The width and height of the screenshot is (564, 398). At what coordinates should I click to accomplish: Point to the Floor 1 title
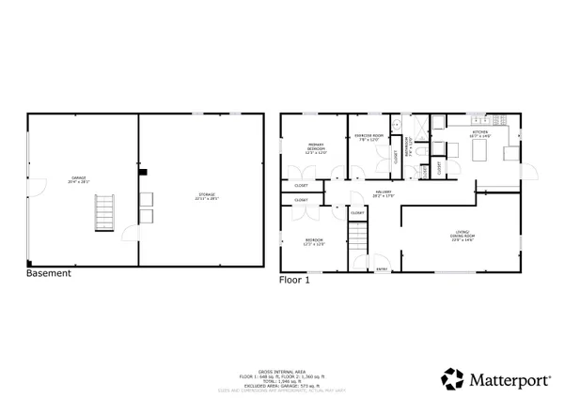coord(294,279)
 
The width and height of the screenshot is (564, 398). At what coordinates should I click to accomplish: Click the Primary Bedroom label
coord(316,148)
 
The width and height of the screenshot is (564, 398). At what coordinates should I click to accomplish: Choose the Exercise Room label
coord(368,139)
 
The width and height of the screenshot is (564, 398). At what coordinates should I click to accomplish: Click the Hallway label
coord(383,195)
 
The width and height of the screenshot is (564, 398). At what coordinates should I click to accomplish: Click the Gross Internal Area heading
coord(281,372)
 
